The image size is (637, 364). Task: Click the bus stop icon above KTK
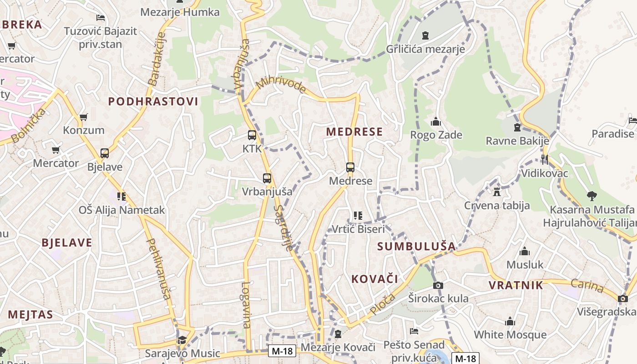252,135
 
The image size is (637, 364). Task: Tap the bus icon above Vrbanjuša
267,178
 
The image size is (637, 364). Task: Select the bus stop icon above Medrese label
350,167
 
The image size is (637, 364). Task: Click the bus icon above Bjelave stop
105,153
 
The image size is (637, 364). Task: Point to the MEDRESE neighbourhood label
354,132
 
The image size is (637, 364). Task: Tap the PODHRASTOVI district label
153,101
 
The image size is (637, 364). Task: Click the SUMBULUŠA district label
416,247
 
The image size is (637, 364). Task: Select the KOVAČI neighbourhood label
374,279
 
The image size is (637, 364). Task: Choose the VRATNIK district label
516,285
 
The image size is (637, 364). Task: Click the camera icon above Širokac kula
438,286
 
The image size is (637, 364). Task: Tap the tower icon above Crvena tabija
497,192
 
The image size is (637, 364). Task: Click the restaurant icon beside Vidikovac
544,159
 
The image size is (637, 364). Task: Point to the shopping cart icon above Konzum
83,117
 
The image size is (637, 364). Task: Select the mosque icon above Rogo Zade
436,122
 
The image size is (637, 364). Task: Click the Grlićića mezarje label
425,49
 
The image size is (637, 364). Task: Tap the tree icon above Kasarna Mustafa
591,196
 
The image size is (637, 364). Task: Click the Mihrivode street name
281,85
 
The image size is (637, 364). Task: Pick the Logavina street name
246,305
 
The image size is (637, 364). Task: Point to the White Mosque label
510,335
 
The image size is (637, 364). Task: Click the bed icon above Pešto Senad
414,331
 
